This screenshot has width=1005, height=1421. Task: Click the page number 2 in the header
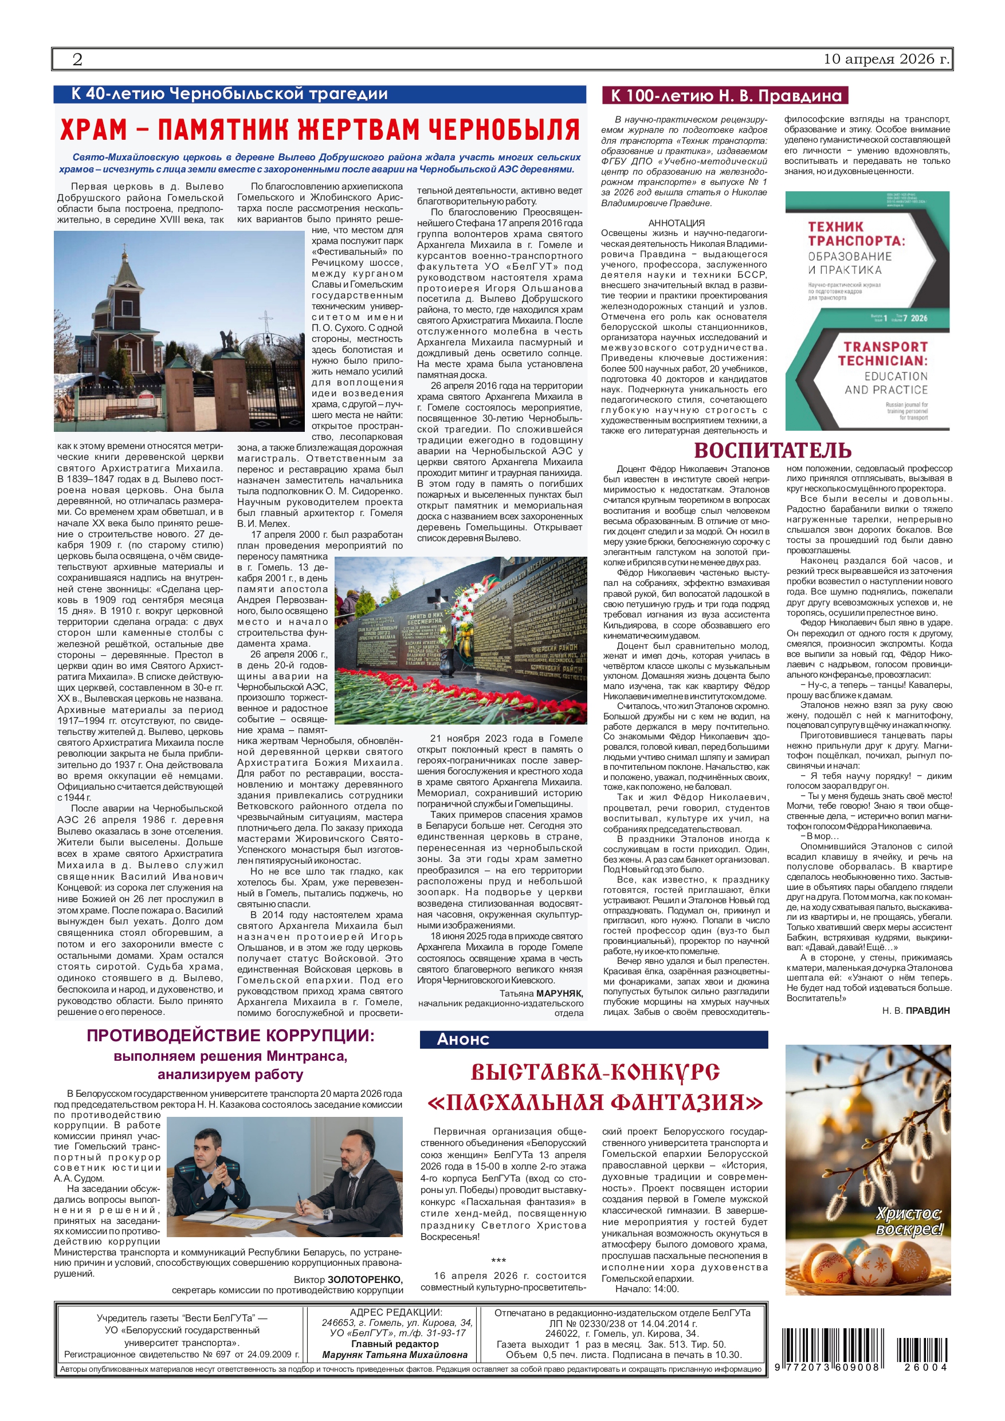(77, 60)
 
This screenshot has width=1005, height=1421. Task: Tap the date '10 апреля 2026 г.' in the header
(885, 60)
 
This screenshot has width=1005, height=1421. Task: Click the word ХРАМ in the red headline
(93, 130)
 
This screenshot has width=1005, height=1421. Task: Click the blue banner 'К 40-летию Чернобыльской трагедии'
(229, 94)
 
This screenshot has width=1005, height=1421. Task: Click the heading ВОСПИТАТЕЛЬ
(772, 450)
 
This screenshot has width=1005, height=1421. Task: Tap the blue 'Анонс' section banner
(463, 1040)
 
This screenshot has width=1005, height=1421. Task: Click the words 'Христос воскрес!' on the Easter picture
(908, 1221)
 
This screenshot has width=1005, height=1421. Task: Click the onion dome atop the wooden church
(125, 254)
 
